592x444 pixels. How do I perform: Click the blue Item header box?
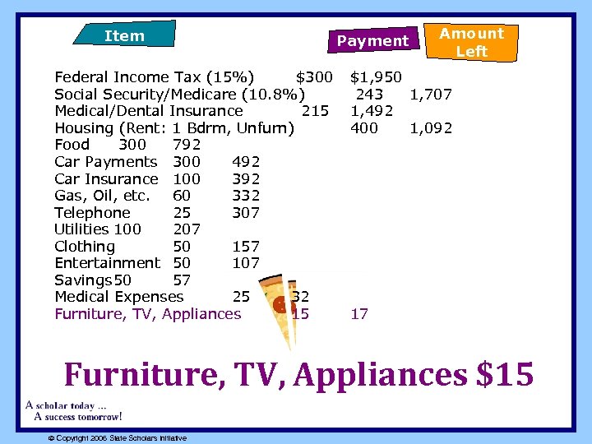(124, 35)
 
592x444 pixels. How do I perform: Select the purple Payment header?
(372, 40)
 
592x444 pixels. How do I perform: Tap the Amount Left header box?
(471, 42)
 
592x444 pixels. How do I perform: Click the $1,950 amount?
(376, 77)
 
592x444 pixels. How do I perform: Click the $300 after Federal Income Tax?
(313, 77)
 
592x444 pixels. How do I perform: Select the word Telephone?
(92, 212)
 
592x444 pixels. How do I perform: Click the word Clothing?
(85, 247)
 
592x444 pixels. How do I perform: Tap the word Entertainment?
(107, 263)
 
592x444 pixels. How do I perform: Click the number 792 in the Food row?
(187, 145)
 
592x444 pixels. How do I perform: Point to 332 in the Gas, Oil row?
(246, 196)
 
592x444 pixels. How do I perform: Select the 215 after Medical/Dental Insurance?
(316, 111)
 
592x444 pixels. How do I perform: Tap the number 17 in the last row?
(359, 314)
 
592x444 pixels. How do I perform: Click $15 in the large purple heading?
(504, 375)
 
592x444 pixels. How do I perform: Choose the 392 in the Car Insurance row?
(246, 178)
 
